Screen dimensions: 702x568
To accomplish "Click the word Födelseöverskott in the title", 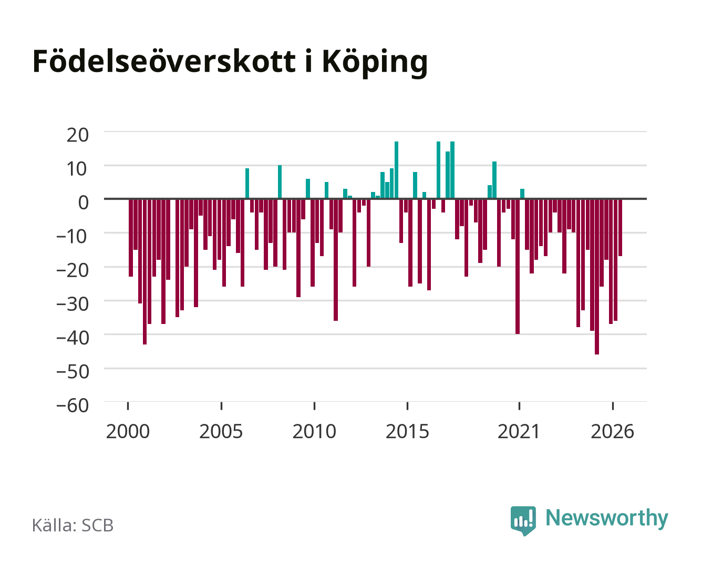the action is pyautogui.click(x=164, y=62).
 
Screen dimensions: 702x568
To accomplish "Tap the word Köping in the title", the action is pyautogui.click(x=375, y=63).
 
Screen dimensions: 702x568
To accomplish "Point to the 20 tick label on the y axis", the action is pyautogui.click(x=78, y=135).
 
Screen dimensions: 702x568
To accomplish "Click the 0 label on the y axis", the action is pyautogui.click(x=84, y=202).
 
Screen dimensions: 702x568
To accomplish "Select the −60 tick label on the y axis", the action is pyautogui.click(x=73, y=405).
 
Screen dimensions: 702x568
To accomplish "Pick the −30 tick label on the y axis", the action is pyautogui.click(x=73, y=304).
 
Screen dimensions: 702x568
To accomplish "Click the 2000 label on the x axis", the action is pyautogui.click(x=128, y=431).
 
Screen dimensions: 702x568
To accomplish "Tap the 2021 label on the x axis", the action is pyautogui.click(x=519, y=431).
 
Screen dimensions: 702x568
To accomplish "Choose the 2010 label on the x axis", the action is pyautogui.click(x=314, y=431).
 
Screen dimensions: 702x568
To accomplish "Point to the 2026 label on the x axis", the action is pyautogui.click(x=612, y=431).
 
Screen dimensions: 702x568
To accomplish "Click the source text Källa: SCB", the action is pyautogui.click(x=73, y=525).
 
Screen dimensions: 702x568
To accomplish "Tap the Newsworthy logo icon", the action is pyautogui.click(x=523, y=521).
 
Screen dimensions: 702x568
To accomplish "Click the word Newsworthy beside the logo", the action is pyautogui.click(x=607, y=518).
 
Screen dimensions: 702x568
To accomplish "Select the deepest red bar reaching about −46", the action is pyautogui.click(x=597, y=277).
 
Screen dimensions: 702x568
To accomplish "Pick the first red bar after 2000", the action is pyautogui.click(x=131, y=238).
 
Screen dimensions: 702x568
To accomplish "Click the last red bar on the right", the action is pyautogui.click(x=620, y=228).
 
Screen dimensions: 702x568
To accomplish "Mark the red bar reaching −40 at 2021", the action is pyautogui.click(x=518, y=267).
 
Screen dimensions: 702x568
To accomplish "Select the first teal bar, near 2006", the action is pyautogui.click(x=247, y=184).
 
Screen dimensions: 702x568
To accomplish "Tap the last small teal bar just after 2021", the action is pyautogui.click(x=522, y=194).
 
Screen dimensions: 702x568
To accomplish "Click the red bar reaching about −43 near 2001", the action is pyautogui.click(x=144, y=272).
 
